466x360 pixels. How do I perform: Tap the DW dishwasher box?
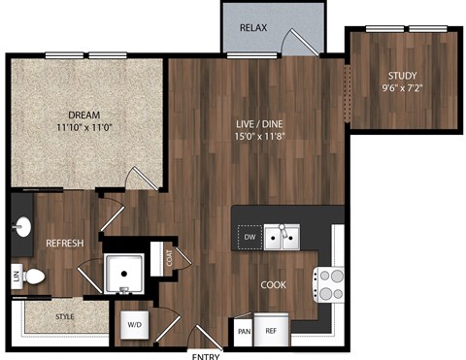250,236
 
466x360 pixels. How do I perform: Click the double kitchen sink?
283,236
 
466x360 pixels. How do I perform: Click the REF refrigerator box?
271,331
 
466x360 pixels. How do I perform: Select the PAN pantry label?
243,331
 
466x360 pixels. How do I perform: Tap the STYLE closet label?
65,316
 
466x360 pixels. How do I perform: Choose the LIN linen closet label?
17,276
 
